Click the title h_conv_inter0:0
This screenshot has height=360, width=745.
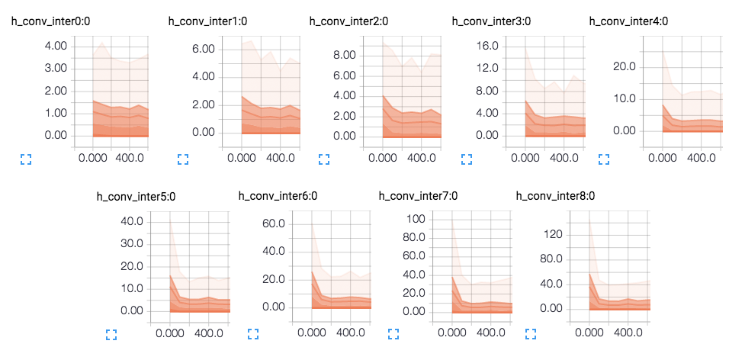51,21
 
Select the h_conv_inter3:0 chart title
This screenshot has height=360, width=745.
491,21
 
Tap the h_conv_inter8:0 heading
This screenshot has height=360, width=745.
555,196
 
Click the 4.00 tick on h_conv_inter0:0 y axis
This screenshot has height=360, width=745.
56,46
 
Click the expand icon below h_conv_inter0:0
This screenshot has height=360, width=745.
26,159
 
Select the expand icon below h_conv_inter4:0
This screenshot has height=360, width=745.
604,159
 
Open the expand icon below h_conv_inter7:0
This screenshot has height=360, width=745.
394,334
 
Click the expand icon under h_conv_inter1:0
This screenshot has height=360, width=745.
183,159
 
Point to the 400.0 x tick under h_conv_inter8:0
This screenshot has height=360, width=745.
629,333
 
